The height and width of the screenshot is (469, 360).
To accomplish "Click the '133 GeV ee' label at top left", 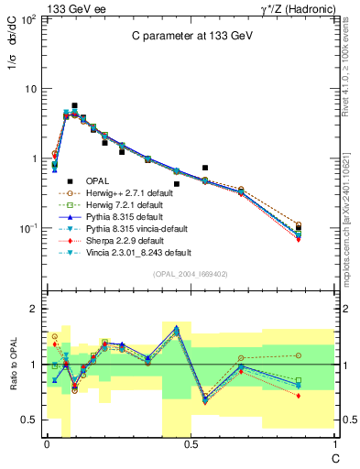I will click(x=72, y=7).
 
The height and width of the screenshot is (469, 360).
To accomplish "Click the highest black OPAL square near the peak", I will click(x=75, y=106).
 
